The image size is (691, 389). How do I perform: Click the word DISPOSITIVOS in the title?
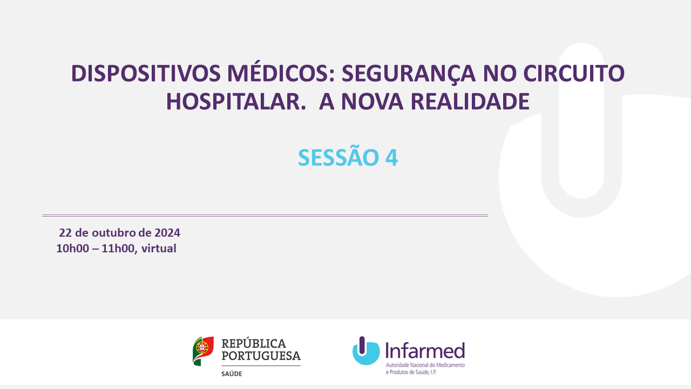coord(146,73)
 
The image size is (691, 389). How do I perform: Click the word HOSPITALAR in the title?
coord(236,102)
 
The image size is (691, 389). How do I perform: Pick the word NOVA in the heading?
coord(372,102)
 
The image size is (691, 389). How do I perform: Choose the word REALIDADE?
coord(470,102)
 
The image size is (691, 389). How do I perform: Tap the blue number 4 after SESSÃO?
coord(391,158)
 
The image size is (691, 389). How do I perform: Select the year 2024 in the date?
coord(167,233)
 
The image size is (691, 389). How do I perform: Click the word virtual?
coord(159,249)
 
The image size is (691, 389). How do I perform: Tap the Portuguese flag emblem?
coord(203,351)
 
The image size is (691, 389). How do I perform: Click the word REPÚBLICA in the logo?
coord(254,343)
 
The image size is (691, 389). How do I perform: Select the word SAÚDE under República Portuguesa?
coord(232,373)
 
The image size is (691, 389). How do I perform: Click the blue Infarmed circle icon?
coord(366,351)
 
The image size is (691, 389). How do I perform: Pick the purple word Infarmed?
coord(425,350)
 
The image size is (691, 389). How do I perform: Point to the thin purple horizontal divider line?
coord(265,216)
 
